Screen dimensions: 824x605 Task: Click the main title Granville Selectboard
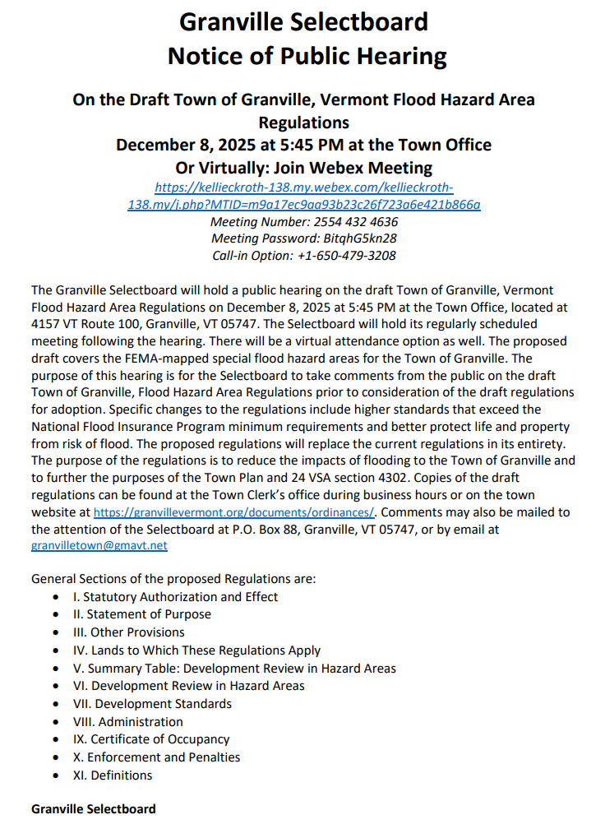coord(302,21)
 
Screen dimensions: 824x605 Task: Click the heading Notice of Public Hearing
coord(307,56)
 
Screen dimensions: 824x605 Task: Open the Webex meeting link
coord(303,196)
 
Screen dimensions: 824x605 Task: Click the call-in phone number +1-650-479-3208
coord(349,256)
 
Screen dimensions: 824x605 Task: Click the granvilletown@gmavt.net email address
coord(99,545)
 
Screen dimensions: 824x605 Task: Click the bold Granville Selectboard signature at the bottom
coord(93,810)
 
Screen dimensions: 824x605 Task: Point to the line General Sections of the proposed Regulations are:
coord(173,579)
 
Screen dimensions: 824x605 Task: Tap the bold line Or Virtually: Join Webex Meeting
coord(303,168)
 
